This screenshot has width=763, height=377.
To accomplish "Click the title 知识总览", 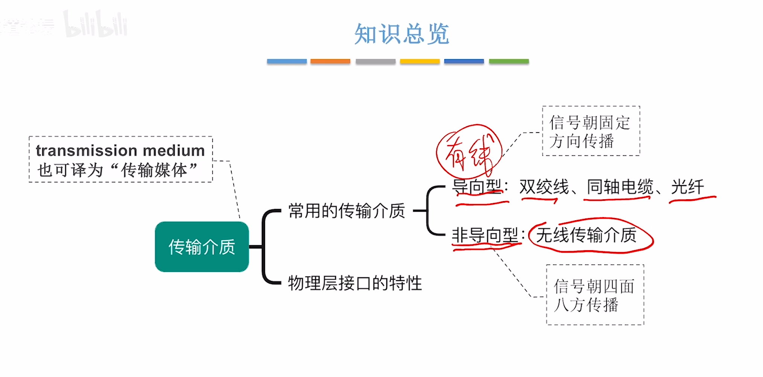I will [x=401, y=34].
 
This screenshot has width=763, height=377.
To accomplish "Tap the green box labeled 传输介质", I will [x=202, y=247].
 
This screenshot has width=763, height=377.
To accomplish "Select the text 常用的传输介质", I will [x=347, y=211].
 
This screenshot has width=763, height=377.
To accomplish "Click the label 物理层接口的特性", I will [x=355, y=283].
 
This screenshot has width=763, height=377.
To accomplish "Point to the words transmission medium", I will [x=120, y=151].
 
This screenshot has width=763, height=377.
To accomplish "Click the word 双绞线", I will [x=544, y=187].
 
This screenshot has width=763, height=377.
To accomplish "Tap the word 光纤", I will [x=688, y=187].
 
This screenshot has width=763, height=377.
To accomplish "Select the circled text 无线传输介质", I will [x=586, y=235].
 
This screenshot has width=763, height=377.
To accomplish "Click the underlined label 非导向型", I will [x=485, y=236].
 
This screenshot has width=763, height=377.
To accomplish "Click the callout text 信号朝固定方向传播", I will [x=590, y=131].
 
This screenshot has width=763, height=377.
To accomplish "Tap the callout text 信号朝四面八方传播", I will [x=594, y=295].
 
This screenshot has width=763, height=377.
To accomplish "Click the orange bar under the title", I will [x=330, y=61].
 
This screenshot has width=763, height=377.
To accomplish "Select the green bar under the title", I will [x=509, y=61].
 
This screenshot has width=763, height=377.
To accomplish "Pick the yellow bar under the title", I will [x=420, y=61].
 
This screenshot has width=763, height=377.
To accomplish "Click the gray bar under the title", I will [x=375, y=61].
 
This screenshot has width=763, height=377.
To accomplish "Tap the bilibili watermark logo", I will [x=96, y=24].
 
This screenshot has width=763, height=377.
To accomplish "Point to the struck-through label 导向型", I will [x=477, y=187].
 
